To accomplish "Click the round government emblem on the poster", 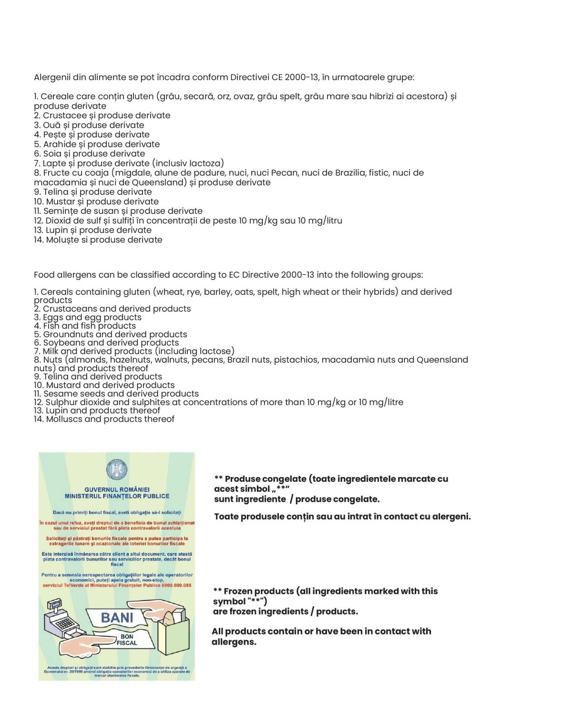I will [116, 470].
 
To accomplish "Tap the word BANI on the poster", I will [117, 618].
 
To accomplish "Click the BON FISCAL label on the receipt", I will [127, 640].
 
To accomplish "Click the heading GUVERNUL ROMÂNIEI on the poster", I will [117, 489].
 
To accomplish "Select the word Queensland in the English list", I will [442, 360].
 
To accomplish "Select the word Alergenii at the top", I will [52, 77].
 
